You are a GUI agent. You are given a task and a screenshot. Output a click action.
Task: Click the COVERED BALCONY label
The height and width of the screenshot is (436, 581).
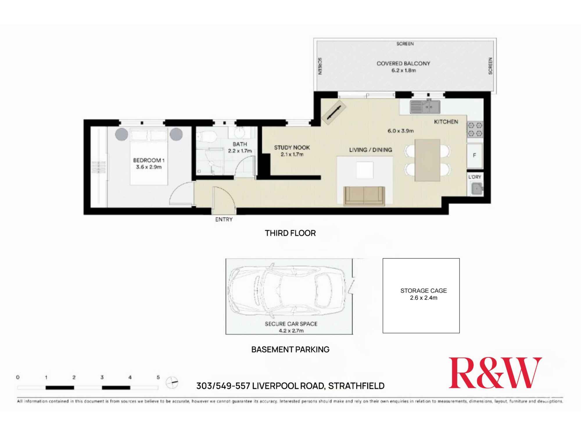coord(403,63)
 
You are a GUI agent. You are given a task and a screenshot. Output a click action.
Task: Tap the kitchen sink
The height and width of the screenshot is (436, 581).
coord(425,107)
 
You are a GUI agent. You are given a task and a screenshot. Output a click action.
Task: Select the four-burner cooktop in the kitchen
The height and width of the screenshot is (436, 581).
coord(475,129)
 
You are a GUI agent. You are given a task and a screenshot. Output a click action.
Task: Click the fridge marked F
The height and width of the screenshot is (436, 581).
coord(474,156)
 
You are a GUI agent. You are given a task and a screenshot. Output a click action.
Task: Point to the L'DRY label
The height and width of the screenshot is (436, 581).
coord(474,177)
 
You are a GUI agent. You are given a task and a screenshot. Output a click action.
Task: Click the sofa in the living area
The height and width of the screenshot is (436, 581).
coord(364,196)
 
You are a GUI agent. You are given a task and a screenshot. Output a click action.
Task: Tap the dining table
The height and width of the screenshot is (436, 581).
coord(427,160)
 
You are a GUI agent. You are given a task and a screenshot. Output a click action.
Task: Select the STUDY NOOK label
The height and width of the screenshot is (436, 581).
coord(292,147)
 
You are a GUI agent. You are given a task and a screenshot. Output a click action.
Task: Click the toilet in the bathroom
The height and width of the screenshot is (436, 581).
coord(207,136)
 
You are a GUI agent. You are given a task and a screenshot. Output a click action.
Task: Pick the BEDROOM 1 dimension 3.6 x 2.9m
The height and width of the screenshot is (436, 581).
coord(148,167)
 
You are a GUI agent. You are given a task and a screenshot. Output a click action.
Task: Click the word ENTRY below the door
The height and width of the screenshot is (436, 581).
coord(224,219)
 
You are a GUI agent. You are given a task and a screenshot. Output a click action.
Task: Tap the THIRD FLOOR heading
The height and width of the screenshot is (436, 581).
coord(290,233)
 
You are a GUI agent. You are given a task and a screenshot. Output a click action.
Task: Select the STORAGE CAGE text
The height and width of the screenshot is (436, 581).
coord(423,291)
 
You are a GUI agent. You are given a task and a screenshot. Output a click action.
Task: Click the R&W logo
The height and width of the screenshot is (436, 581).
coord(495,373)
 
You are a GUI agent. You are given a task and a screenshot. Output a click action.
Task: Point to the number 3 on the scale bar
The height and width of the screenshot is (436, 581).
coord(102,377)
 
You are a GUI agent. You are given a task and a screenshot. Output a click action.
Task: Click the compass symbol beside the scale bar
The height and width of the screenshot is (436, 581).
coord(172,382)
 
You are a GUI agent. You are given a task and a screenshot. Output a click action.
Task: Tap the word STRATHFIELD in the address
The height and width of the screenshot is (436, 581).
coord(356,386)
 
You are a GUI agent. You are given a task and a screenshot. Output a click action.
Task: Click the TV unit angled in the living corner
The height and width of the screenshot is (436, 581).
coord(334,112)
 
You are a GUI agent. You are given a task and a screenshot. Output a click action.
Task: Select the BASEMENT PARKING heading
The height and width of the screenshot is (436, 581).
coord(290,349)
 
